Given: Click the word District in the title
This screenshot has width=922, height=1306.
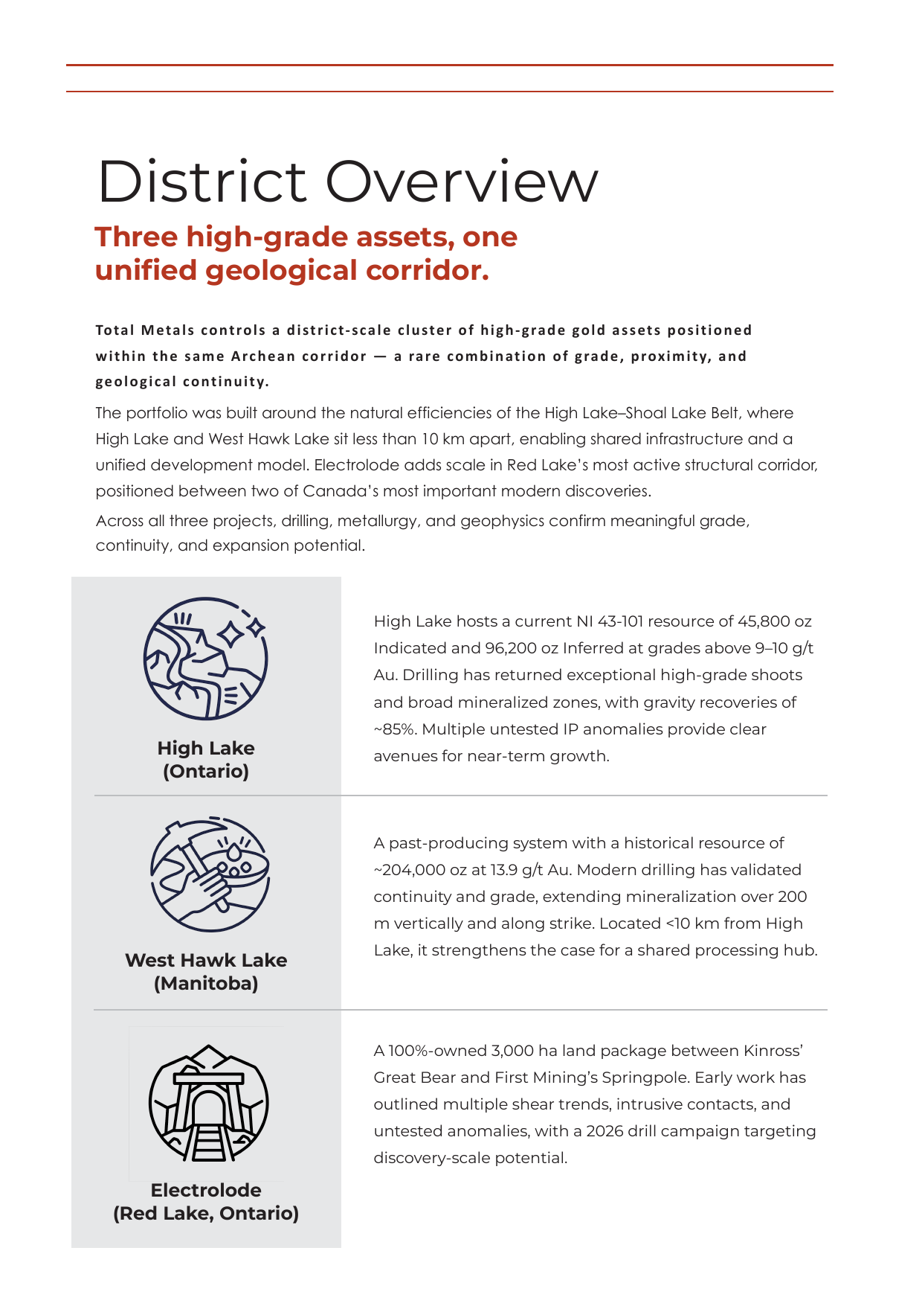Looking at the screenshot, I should click(x=202, y=181).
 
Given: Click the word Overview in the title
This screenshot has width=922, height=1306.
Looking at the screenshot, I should click(x=462, y=181).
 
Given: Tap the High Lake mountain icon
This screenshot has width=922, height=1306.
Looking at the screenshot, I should click(x=205, y=658).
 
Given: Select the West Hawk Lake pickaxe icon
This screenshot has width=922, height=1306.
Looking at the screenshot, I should click(x=210, y=874).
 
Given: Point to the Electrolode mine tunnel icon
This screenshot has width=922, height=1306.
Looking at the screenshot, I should click(x=208, y=1103).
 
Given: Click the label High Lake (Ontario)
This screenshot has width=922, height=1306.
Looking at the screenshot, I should click(x=206, y=759).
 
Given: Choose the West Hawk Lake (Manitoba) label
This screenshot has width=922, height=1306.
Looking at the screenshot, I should click(x=206, y=971).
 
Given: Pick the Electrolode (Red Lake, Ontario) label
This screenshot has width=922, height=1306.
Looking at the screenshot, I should click(x=206, y=1201).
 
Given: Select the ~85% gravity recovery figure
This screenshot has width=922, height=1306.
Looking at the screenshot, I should click(x=395, y=729).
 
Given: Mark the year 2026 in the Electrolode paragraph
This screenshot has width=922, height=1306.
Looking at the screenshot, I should click(x=605, y=1131).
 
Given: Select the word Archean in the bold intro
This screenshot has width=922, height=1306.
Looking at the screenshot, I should click(x=262, y=356).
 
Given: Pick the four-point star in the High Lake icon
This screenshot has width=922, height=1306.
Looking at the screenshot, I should click(x=231, y=634).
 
